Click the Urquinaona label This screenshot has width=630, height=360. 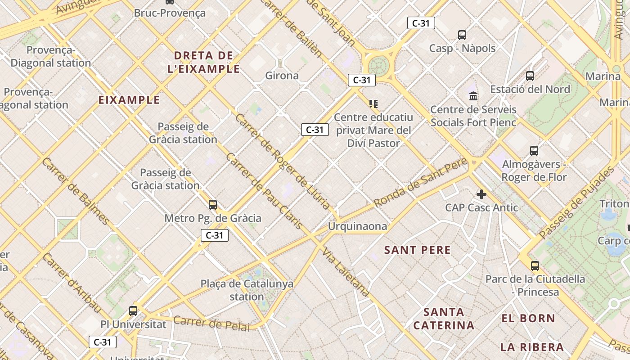point(357,226)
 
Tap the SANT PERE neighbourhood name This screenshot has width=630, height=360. point(417,250)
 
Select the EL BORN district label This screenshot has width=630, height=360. point(528,319)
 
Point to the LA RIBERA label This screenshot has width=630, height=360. point(532,347)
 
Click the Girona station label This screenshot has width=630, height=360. point(282,76)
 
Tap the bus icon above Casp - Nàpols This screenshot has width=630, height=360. point(462,35)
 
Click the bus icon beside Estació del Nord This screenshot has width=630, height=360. point(530,76)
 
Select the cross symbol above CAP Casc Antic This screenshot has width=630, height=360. point(481,194)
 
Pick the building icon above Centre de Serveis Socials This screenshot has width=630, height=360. point(473,96)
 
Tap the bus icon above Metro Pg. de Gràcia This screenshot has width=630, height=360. point(213,205)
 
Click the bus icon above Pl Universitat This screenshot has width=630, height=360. point(133,310)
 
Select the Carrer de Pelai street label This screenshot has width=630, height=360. point(211,323)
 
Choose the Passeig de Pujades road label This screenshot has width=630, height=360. point(577,202)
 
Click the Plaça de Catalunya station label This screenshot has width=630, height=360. point(247,290)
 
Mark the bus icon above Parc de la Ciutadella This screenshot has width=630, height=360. point(535,265)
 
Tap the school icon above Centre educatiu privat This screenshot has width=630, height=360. point(373,104)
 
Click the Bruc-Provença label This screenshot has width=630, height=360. point(170,13)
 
